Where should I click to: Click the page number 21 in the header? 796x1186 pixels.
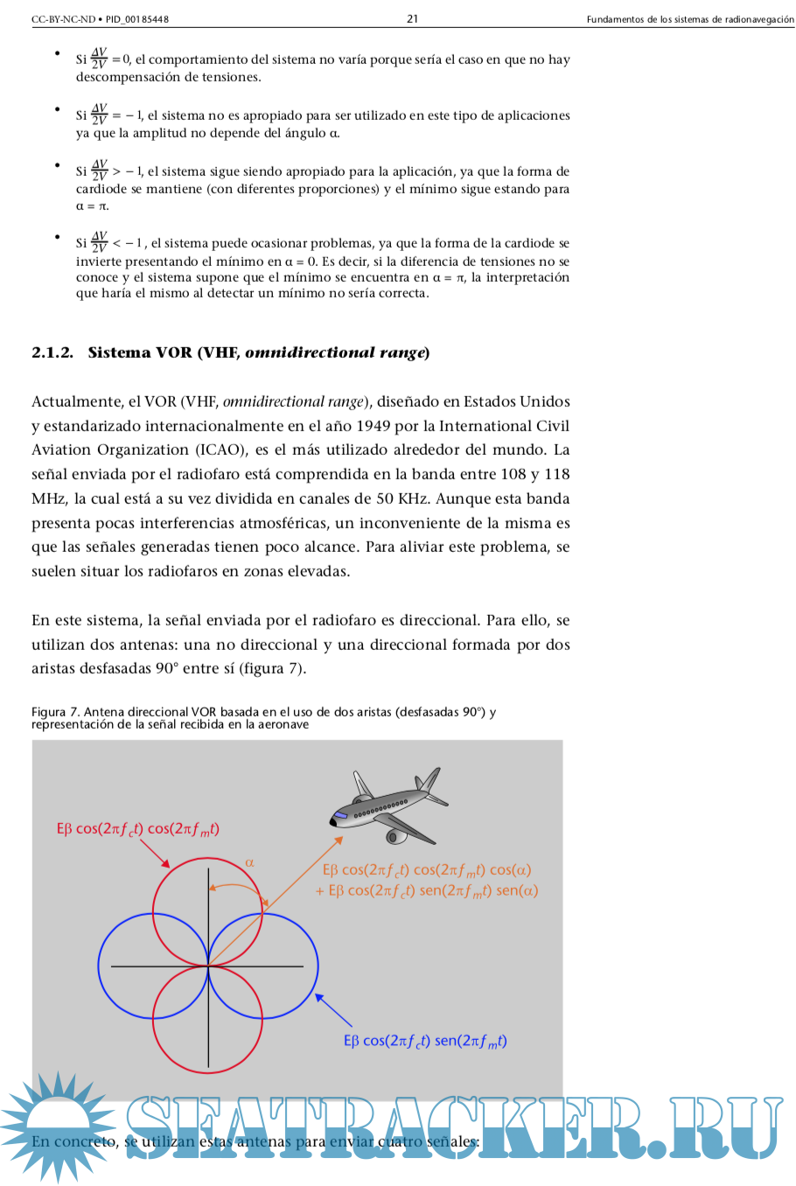point(413,18)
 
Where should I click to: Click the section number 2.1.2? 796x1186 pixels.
point(52,352)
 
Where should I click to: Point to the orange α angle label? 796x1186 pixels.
point(249,862)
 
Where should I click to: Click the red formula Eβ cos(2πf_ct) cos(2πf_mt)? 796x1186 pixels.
point(137,829)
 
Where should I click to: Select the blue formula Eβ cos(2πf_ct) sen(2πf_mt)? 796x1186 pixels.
point(425,1041)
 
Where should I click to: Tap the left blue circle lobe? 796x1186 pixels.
point(100,966)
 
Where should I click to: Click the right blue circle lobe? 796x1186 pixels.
point(317,966)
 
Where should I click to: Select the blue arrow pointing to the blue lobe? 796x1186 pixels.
point(332,1009)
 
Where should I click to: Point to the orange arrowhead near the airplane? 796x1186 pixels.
point(339,841)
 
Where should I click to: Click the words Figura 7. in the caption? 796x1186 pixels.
point(55,712)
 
